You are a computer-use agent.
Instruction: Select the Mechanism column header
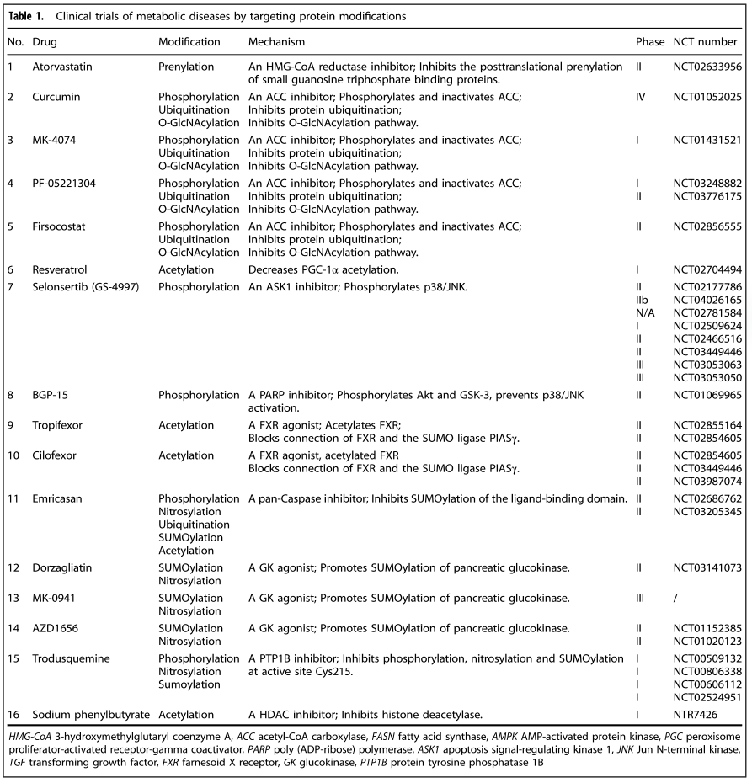pos(276,41)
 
